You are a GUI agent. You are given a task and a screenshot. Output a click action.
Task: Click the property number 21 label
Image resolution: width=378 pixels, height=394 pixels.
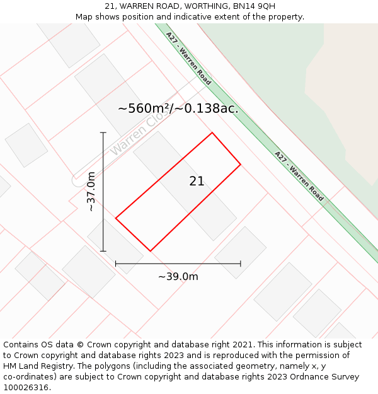(197, 182)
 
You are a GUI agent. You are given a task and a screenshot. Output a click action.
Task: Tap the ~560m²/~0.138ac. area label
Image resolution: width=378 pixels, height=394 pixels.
(178, 108)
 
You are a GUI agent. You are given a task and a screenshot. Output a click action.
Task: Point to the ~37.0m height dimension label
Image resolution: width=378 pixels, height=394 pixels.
(91, 192)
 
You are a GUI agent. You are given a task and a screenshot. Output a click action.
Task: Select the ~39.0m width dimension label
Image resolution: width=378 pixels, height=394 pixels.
(178, 277)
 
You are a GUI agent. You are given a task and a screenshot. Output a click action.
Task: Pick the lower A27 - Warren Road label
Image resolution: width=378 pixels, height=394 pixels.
(299, 176)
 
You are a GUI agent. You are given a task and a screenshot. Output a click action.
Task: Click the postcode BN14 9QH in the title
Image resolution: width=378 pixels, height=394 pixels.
(254, 6)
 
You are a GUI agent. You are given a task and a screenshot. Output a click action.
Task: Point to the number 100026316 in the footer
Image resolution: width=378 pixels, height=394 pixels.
(25, 387)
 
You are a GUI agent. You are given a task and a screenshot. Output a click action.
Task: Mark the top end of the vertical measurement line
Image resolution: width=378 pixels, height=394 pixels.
(103, 132)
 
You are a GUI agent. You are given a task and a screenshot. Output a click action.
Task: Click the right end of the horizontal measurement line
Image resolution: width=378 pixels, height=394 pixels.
(241, 264)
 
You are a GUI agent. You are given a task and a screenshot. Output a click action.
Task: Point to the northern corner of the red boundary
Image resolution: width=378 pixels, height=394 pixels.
(212, 132)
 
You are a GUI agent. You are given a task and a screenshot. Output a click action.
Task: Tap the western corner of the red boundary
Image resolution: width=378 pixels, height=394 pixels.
(116, 218)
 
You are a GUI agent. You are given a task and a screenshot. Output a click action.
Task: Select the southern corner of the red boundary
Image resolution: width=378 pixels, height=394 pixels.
(150, 251)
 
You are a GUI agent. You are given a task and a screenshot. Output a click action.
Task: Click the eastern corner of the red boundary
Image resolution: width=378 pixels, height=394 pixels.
(241, 165)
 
